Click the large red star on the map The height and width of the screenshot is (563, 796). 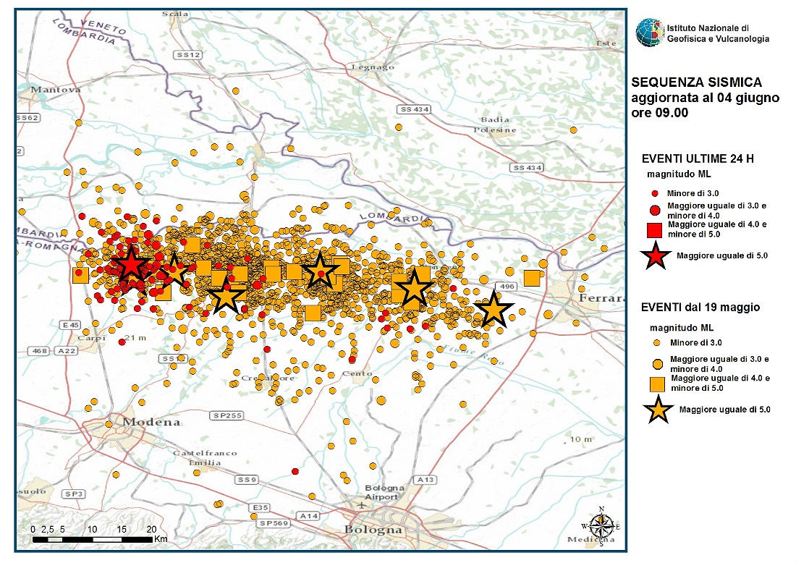click(131, 265)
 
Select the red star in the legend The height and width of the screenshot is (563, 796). click(654, 255)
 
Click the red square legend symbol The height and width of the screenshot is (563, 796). click(654, 229)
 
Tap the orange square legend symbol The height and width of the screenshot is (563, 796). click(656, 383)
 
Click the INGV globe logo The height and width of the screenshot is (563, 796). click(649, 33)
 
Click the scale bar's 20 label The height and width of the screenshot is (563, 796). click(151, 530)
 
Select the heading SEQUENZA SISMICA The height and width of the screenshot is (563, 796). click(686, 83)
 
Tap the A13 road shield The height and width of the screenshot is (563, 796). click(425, 480)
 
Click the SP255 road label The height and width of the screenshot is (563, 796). click(224, 416)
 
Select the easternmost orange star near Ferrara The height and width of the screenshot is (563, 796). click(494, 310)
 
